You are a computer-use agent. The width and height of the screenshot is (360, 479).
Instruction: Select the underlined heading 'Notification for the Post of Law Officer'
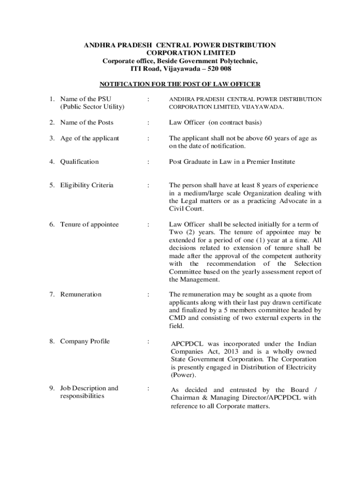[180, 84]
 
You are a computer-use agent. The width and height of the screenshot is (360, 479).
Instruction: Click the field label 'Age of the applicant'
[89, 138]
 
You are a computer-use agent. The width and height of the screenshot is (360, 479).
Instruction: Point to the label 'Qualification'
[79, 162]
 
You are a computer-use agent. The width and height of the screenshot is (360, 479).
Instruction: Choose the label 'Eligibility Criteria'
[86, 185]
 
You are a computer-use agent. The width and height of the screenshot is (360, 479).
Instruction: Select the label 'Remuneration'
[80, 295]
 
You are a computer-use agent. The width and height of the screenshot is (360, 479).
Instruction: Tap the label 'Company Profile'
[85, 341]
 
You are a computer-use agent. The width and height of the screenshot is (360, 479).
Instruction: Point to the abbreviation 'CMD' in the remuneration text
[177, 318]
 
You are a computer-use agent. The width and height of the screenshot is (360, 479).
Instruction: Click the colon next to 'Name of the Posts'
[148, 123]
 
